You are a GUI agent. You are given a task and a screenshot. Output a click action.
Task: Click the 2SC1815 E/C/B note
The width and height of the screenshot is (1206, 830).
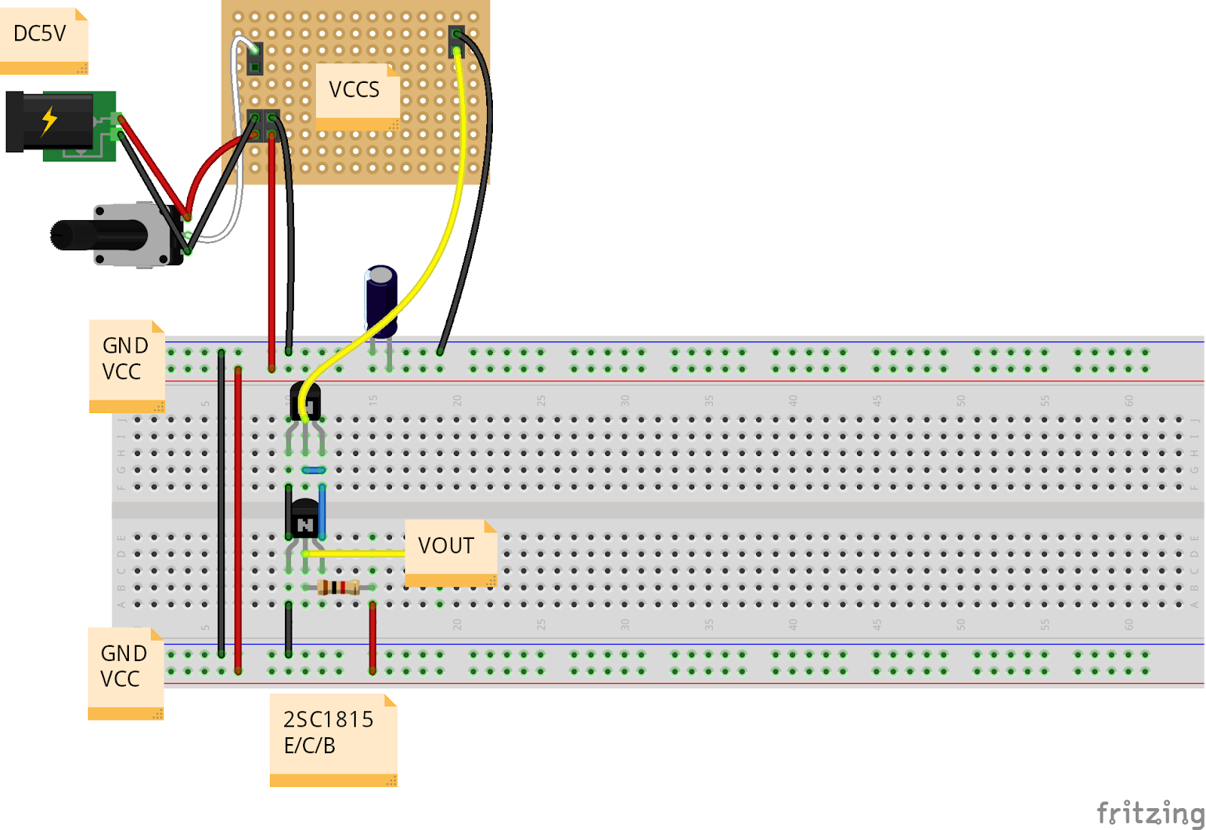coord(329,733)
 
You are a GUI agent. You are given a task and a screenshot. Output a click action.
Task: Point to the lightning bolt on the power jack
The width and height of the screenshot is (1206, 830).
coord(50,120)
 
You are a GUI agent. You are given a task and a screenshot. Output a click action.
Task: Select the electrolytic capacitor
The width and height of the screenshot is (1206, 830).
coord(381,298)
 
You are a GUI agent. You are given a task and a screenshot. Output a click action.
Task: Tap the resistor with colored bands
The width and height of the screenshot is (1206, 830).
coord(338,587)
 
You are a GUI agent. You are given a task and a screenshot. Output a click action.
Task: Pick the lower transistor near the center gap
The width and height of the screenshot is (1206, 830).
coord(305,519)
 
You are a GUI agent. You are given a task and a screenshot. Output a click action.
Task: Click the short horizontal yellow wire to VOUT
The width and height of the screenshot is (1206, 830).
coord(354,554)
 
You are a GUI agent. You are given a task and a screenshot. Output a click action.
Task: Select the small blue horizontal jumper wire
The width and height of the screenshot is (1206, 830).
coord(314,470)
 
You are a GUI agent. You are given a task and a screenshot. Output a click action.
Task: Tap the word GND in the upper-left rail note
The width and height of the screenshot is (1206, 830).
coord(125,346)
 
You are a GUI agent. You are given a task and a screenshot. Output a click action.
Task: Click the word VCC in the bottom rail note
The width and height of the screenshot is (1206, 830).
coord(121,679)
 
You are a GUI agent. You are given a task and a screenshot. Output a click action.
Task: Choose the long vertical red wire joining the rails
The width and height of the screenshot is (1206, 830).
coord(238,520)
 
